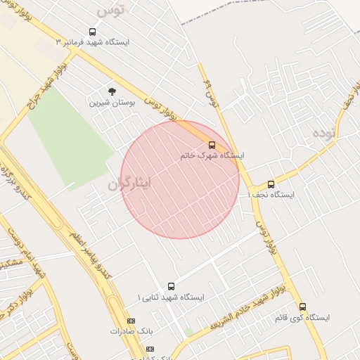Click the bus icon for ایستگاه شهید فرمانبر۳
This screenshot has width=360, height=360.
coord(92,32)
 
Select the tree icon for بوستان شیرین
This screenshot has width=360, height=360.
coord(111,91)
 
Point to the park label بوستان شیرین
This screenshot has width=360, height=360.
coord(111,102)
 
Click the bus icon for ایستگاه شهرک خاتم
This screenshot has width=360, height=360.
coord(212,145)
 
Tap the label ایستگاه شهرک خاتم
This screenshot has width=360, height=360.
coord(212,155)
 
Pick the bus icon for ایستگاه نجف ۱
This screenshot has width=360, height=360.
coord(271,184)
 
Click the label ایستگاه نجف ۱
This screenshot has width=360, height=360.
coord(271,195)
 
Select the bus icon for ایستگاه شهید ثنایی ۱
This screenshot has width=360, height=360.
coord(171,286)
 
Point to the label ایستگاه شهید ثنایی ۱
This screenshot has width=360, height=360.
coord(171,297)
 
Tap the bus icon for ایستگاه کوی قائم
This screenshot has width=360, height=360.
coord(302,307)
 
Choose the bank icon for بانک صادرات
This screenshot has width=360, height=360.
coord(131,321)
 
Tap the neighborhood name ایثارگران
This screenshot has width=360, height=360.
coord(130,184)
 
